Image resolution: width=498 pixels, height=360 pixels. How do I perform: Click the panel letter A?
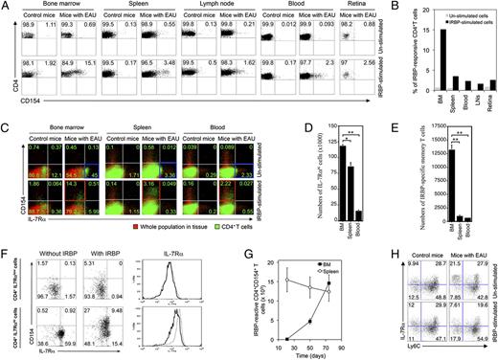tap(6, 7)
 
